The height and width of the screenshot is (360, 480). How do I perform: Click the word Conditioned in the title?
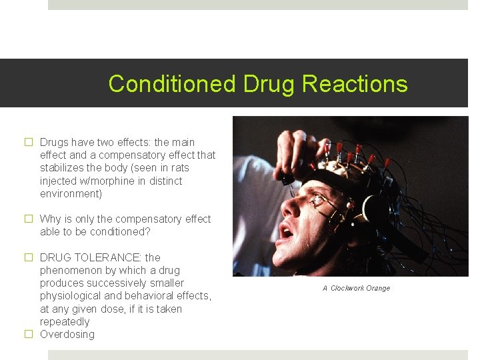[x=172, y=84]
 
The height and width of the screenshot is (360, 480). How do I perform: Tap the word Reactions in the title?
[x=355, y=84]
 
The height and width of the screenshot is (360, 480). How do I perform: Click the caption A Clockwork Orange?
[x=356, y=288]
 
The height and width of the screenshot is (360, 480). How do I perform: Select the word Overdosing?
[x=67, y=334]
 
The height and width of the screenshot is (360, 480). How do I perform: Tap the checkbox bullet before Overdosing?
[x=29, y=334]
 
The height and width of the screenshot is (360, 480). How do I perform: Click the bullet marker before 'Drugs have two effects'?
[x=29, y=142]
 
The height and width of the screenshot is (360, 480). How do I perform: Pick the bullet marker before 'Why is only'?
[x=29, y=219]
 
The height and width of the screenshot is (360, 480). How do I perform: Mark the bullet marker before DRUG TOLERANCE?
[x=29, y=257]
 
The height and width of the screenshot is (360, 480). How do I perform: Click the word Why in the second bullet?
[x=51, y=219]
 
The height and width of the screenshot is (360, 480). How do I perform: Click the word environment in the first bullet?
[x=70, y=193]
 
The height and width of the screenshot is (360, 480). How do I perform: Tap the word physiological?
[x=71, y=295]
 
